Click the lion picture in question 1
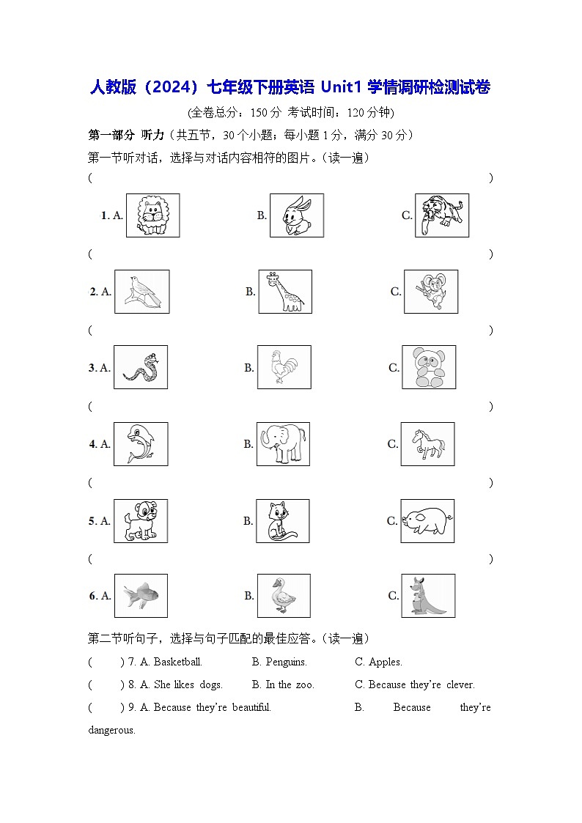pyautogui.click(x=152, y=215)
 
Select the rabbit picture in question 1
pyautogui.click(x=296, y=215)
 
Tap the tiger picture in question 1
pyautogui.click(x=442, y=215)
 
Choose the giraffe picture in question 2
pyautogui.click(x=284, y=292)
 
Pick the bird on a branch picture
pyautogui.click(x=141, y=292)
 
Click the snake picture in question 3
pyautogui.click(x=141, y=367)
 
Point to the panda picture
pyautogui.click(x=429, y=367)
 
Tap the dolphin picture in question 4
pyautogui.click(x=140, y=444)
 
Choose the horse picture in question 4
pyautogui.click(x=427, y=444)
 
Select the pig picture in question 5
pyautogui.click(x=427, y=521)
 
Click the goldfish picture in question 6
pyautogui.click(x=141, y=596)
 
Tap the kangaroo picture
pyautogui.click(x=428, y=596)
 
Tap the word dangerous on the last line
pyautogui.click(x=111, y=730)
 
